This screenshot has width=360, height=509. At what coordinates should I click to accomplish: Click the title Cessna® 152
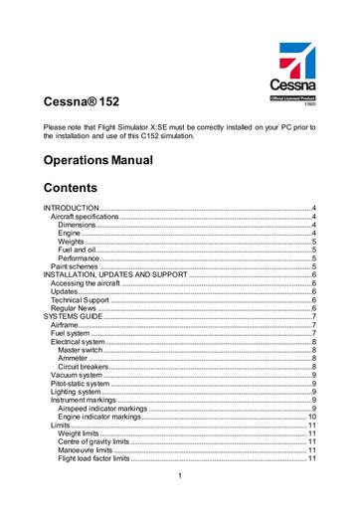tap(81, 101)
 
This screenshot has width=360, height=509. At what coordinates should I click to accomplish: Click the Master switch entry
tap(81, 350)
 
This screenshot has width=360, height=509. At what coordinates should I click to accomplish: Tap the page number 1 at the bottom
tap(179, 485)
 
